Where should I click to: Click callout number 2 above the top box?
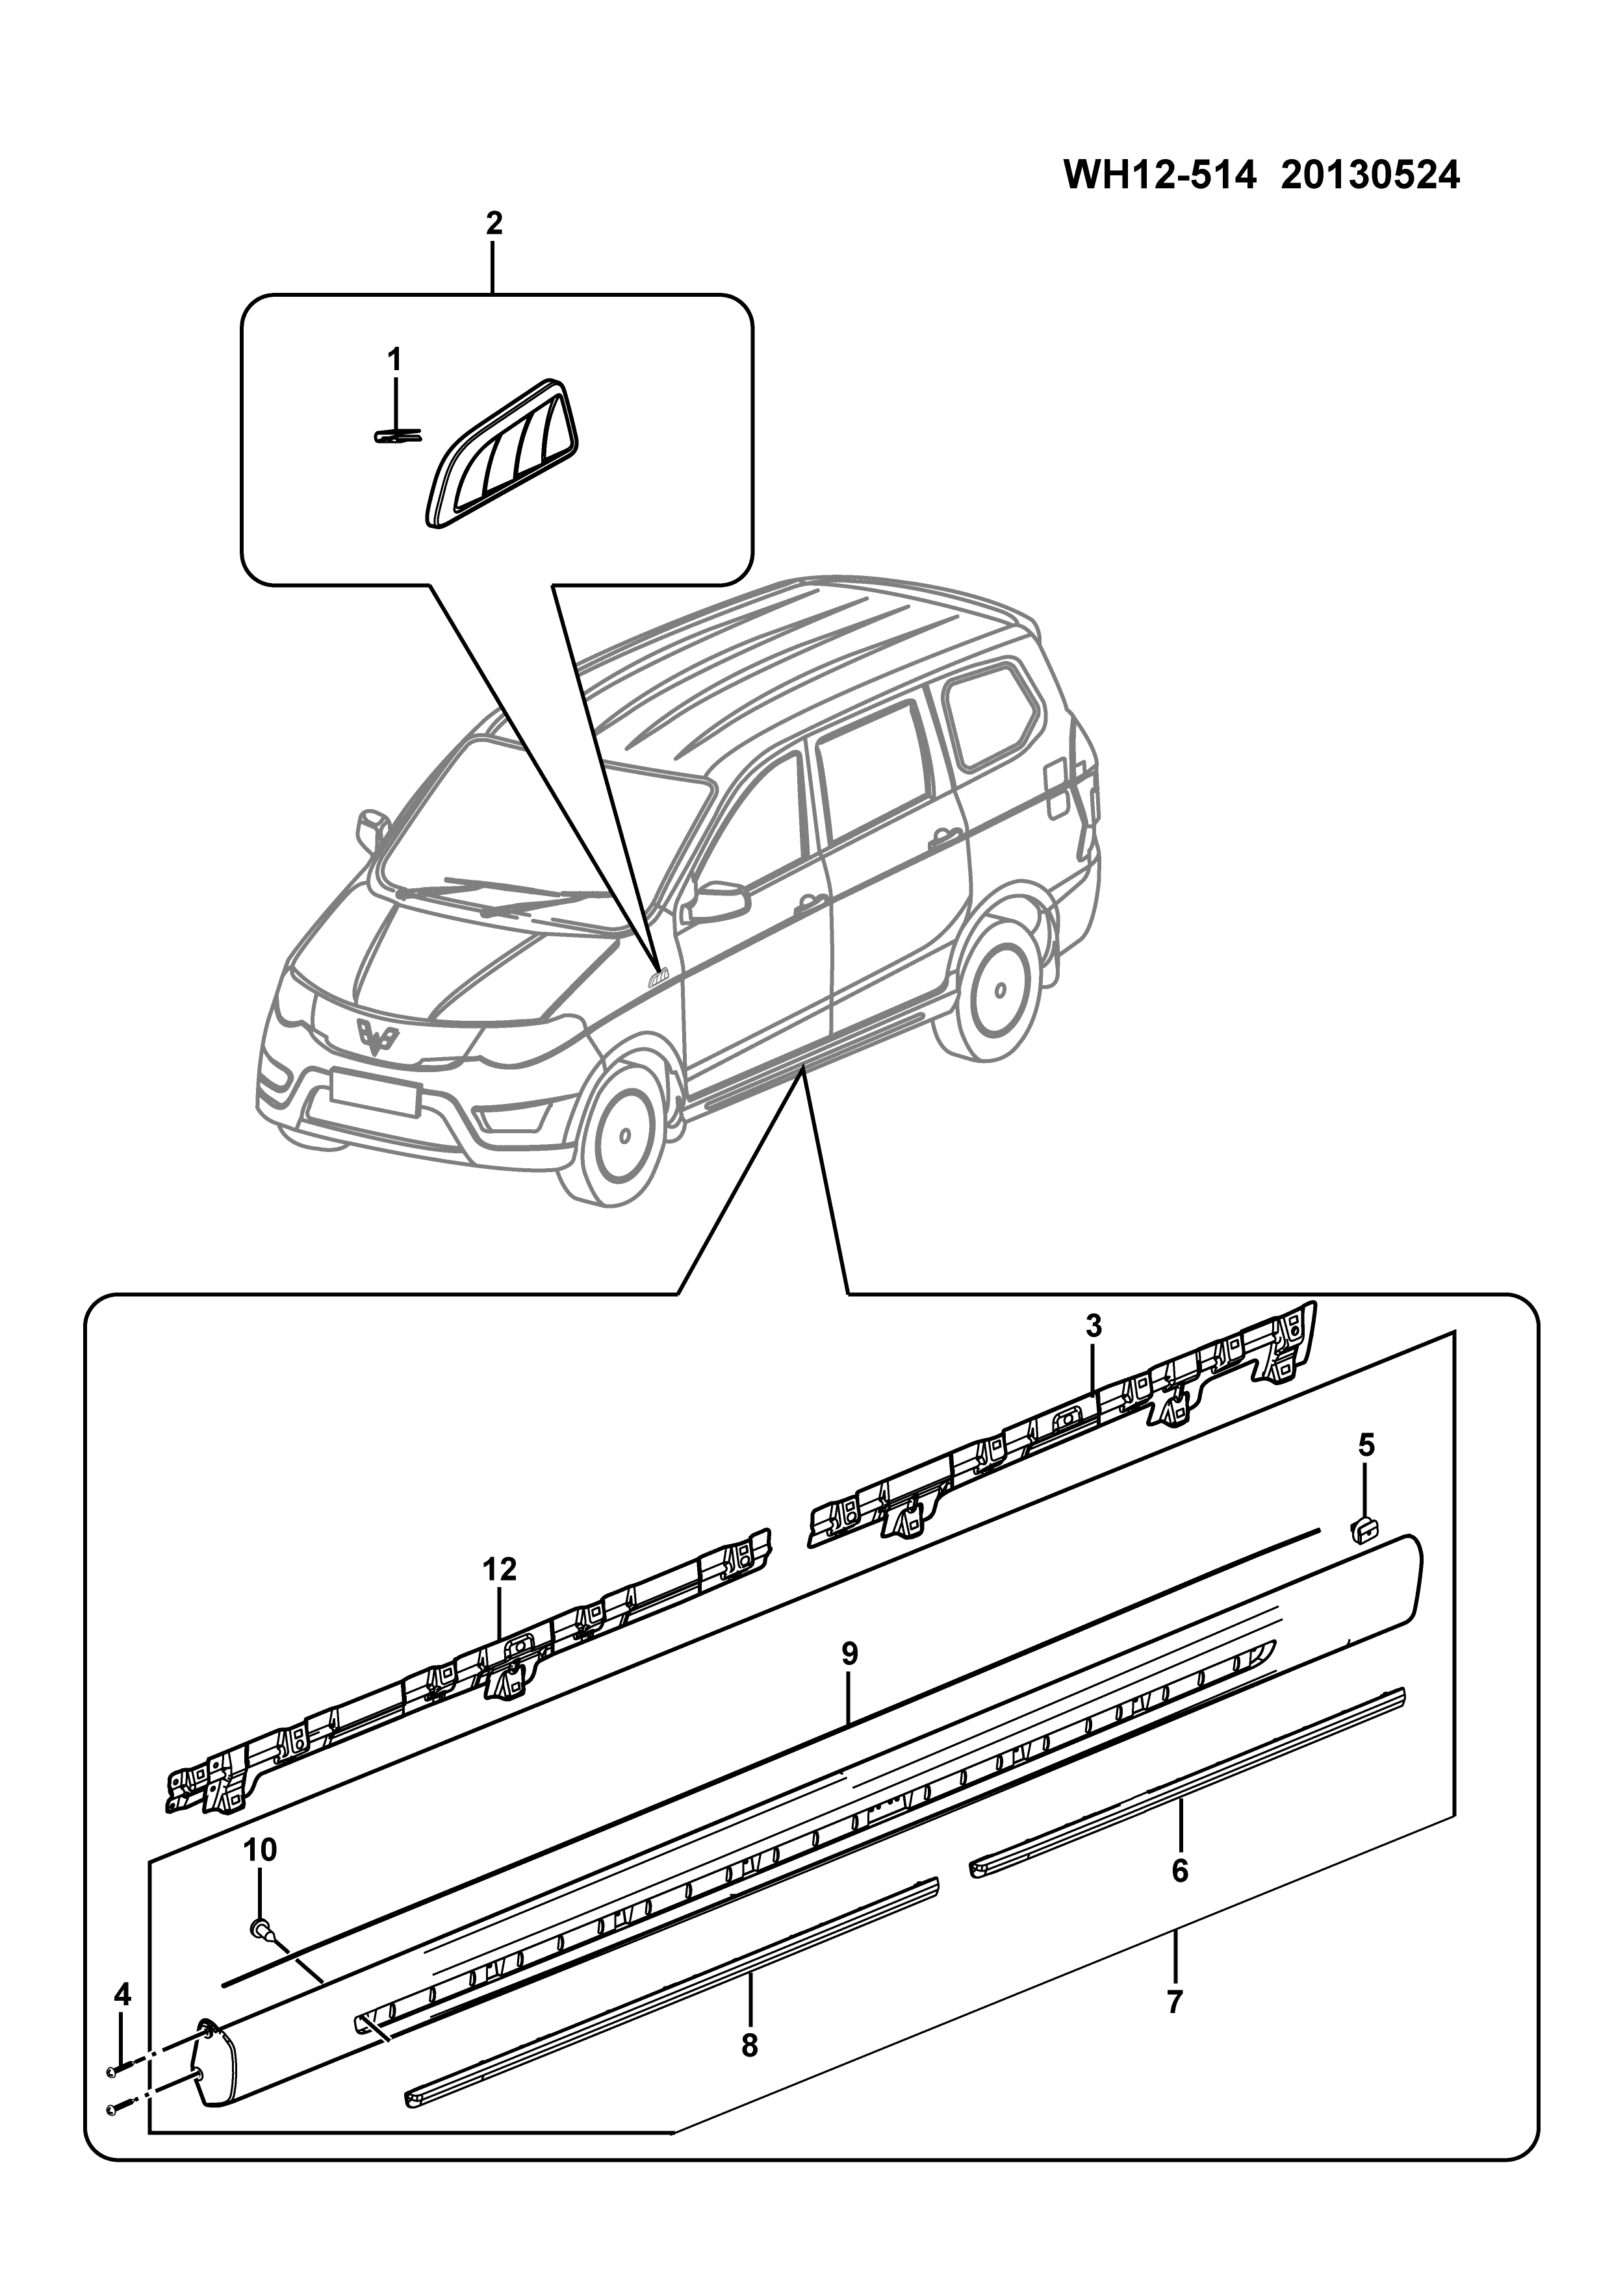493,224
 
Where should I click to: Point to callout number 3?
1094,1327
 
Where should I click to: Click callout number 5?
1367,1446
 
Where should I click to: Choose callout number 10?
260,1850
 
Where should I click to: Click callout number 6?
1179,1870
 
